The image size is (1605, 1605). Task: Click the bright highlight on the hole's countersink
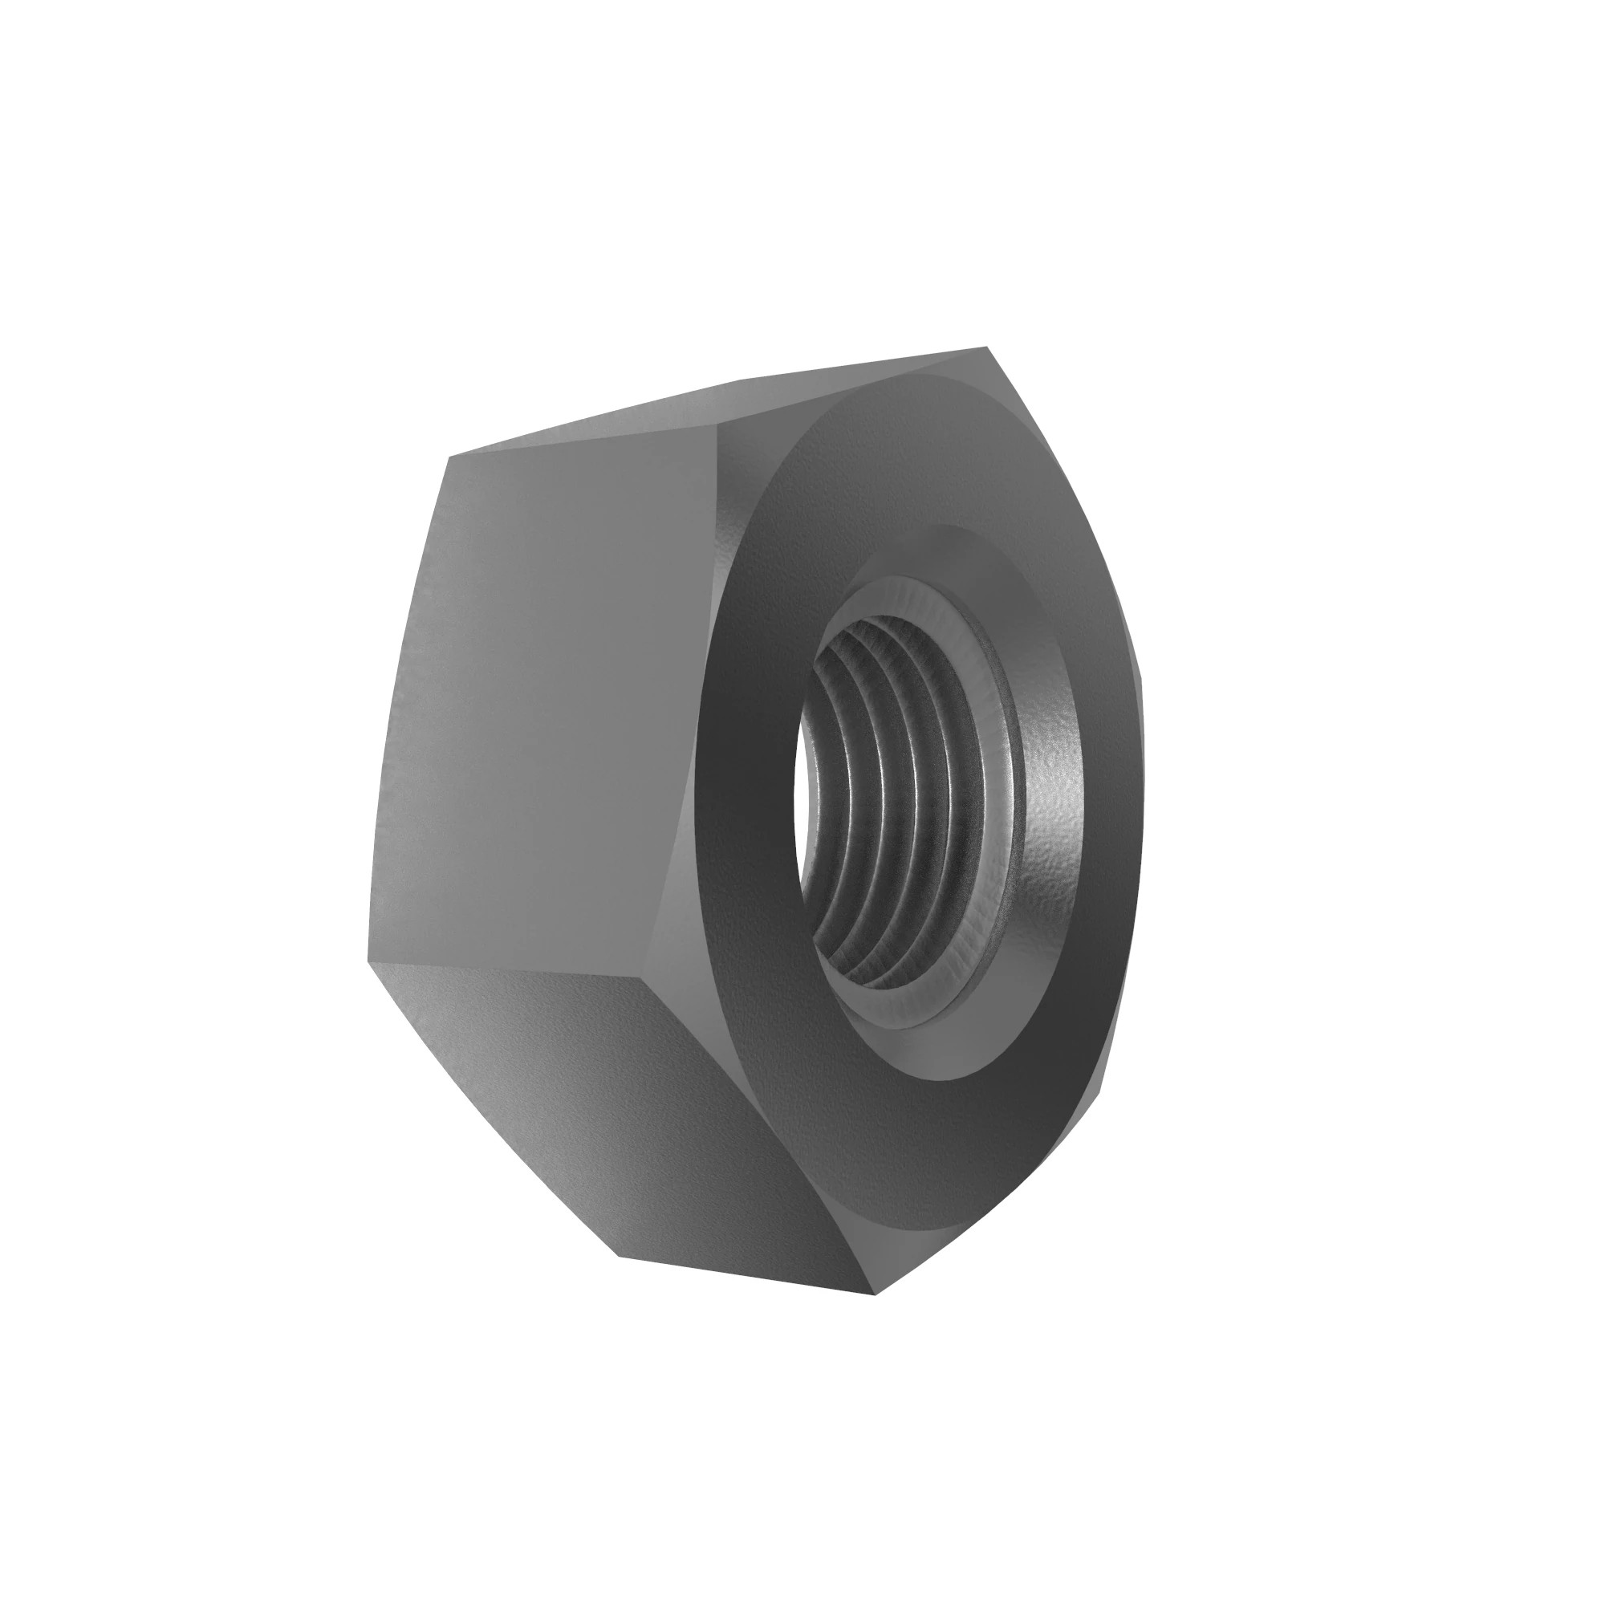[x=1055, y=789]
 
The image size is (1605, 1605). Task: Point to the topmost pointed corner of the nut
[x=986, y=347]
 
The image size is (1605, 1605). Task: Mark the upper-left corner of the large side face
[x=449, y=457]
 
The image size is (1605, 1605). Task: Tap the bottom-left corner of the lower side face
[x=620, y=1256]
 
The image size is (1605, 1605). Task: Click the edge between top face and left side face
[x=582, y=440]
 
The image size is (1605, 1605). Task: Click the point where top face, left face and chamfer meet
[x=716, y=425]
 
